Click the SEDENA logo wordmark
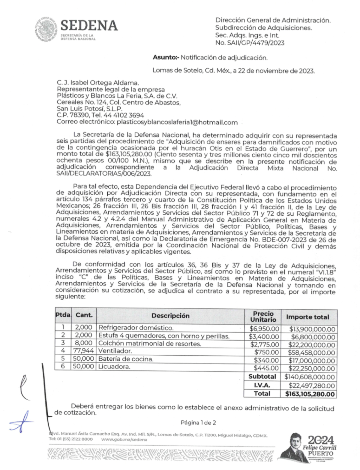click(89, 26)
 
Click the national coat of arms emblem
click(45, 30)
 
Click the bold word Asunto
click(165, 57)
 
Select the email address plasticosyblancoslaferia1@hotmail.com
click(177, 122)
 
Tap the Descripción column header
click(170, 316)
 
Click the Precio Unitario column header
click(263, 317)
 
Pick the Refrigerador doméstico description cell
click(136, 328)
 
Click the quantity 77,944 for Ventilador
click(84, 351)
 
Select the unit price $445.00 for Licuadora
click(266, 368)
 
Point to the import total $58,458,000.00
click(311, 353)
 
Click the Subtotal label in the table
click(262, 377)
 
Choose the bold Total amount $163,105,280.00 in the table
click(310, 394)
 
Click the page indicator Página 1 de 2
click(198, 423)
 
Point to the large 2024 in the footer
click(321, 440)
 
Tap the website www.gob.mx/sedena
click(124, 439)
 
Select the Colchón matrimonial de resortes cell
click(150, 344)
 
